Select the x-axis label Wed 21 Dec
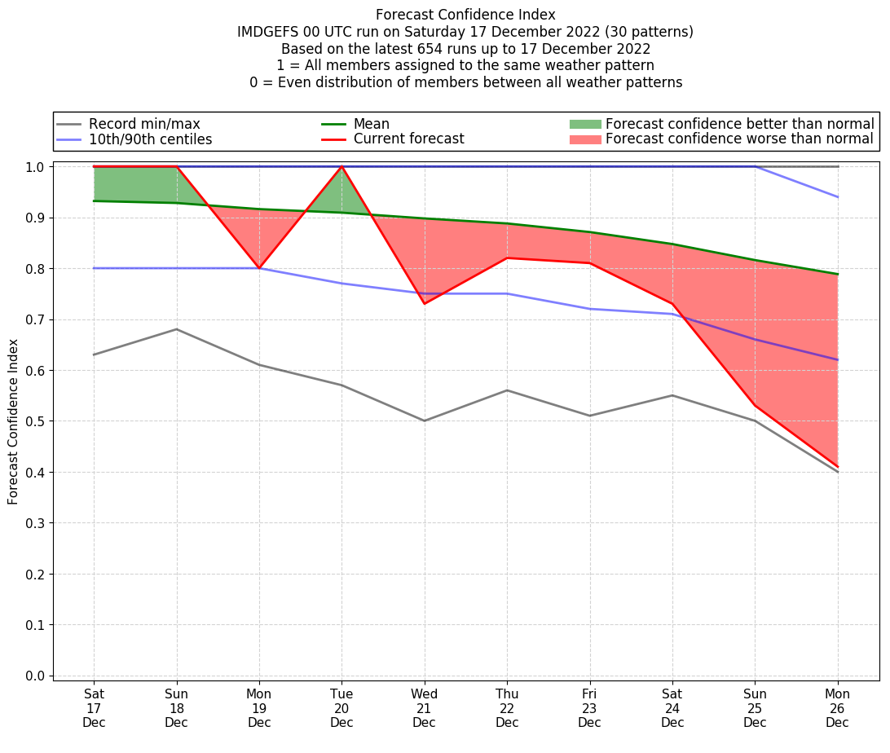tap(424, 708)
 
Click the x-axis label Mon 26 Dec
tap(837, 708)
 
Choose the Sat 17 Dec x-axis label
tap(94, 708)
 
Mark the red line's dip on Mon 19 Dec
tap(259, 268)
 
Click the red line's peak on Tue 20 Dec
tap(341, 166)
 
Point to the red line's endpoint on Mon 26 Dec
tap(837, 467)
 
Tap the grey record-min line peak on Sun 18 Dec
tap(177, 329)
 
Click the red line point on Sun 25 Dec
tap(755, 406)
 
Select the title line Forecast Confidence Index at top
tap(465, 15)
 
